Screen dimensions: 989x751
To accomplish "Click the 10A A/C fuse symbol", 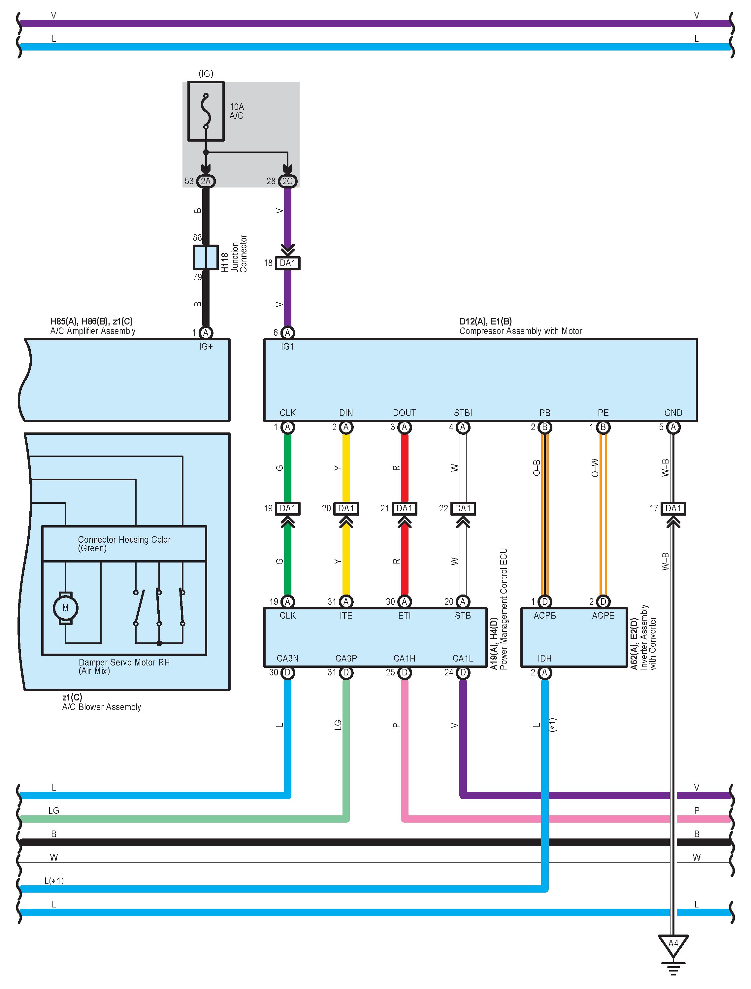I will (x=206, y=111).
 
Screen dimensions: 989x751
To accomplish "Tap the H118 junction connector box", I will (x=206, y=257).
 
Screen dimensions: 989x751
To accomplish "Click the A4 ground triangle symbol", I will (x=673, y=944).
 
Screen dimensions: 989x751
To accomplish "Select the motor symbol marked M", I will (x=66, y=608).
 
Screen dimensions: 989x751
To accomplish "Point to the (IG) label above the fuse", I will (x=206, y=74).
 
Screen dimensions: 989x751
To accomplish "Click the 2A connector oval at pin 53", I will (x=206, y=181).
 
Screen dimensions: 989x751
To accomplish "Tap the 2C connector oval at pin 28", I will (x=287, y=181).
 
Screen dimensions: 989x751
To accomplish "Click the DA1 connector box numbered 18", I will (x=287, y=263).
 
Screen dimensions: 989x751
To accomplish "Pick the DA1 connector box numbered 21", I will (x=404, y=508).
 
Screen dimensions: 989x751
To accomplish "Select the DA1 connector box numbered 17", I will (x=673, y=508).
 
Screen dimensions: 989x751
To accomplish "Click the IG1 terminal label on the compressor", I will (x=287, y=347).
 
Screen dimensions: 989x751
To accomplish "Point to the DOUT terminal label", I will (x=404, y=413).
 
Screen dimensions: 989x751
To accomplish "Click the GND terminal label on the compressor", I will (x=673, y=413).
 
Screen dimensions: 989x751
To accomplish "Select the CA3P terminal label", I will (x=346, y=658).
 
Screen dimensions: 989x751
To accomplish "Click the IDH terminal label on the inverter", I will (x=544, y=658).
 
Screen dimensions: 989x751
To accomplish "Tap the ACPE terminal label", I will (x=603, y=616).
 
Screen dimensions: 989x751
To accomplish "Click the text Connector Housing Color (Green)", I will (x=124, y=544).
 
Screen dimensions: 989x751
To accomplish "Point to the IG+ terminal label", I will (x=206, y=347).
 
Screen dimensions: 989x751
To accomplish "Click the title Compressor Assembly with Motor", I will (x=521, y=331).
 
